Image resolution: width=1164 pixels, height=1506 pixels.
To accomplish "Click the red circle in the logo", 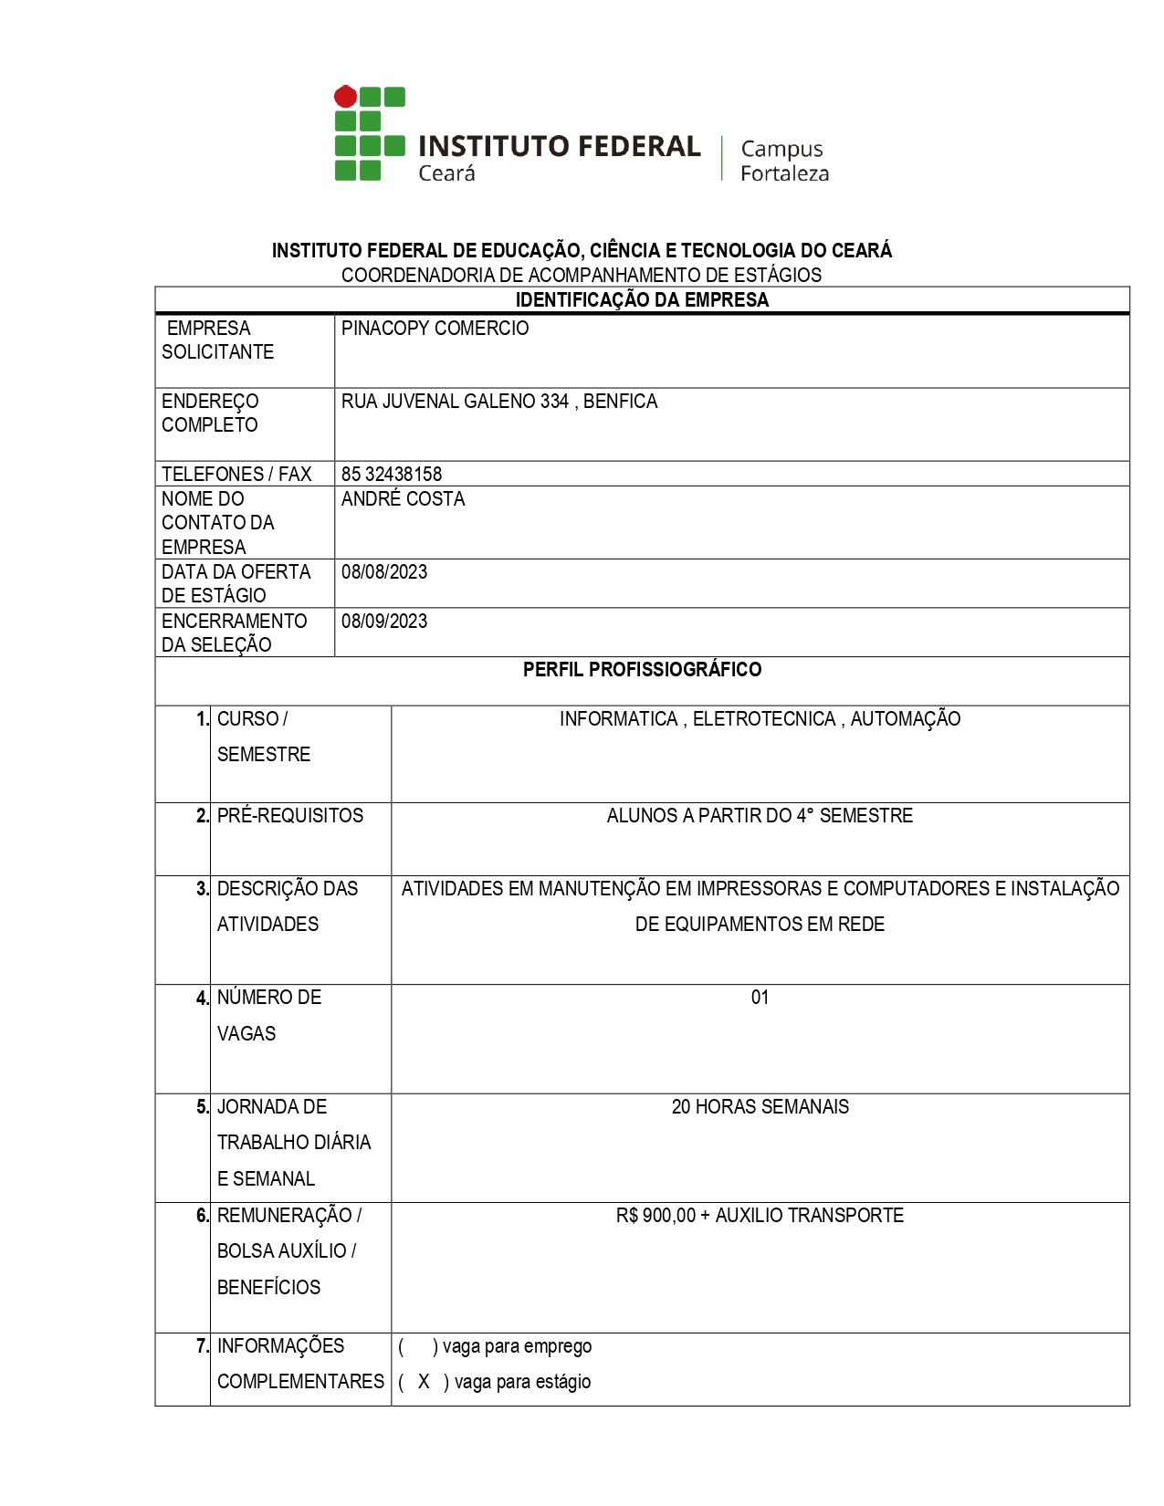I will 345,96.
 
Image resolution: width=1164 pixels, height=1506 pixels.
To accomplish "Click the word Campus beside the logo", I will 781,149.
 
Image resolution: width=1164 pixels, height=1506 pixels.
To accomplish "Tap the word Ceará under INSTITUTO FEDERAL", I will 446,173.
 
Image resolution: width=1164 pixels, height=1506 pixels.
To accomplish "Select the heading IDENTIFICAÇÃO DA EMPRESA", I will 642,300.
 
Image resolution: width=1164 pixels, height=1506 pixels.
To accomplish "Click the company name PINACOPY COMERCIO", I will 435,329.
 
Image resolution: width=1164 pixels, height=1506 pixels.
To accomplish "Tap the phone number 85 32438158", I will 392,475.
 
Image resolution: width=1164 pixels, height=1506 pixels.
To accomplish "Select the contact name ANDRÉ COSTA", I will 403,499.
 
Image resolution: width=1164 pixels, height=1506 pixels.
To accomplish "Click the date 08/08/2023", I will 384,572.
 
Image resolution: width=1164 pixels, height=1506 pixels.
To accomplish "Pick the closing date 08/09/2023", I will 384,622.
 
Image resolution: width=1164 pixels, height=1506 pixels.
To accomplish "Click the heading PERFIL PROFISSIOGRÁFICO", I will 642,670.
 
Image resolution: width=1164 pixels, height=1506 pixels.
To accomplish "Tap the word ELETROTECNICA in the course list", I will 764,719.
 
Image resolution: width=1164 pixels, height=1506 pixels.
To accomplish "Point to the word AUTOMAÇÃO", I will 906,719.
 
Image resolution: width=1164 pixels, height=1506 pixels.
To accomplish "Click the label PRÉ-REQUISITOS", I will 289,816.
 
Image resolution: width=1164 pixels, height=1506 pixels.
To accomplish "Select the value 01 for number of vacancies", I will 760,998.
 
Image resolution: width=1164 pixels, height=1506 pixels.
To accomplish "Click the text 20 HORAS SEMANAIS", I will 760,1107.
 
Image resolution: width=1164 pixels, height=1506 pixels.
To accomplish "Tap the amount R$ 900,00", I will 655,1216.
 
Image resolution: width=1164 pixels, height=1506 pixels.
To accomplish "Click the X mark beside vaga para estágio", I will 424,1382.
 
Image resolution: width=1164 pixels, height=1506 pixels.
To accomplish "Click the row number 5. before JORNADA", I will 203,1107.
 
